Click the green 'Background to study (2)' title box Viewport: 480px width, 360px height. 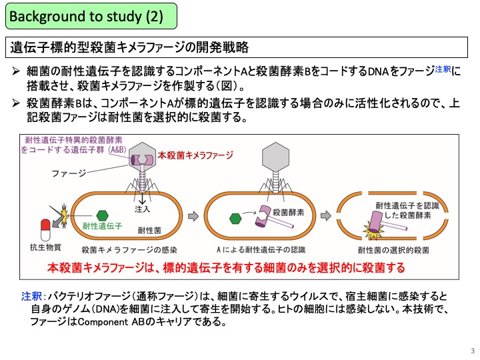(x=91, y=16)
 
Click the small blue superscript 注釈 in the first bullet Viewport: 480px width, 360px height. (x=443, y=69)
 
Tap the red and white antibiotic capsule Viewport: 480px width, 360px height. (x=45, y=229)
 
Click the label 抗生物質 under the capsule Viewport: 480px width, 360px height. (x=45, y=247)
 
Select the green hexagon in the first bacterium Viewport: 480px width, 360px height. (x=102, y=215)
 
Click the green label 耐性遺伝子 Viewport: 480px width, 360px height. (x=102, y=226)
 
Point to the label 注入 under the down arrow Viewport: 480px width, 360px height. (x=143, y=209)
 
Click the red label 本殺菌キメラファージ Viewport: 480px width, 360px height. (x=195, y=155)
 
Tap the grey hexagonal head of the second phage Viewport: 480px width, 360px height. (x=275, y=157)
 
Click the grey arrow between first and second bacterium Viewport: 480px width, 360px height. (x=193, y=216)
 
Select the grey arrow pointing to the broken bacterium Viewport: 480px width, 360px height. (x=326, y=216)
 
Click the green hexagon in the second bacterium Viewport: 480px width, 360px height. (x=235, y=219)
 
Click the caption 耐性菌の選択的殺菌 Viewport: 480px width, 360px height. (x=393, y=250)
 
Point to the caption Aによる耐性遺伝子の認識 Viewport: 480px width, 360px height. (x=261, y=250)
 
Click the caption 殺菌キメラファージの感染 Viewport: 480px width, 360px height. (x=129, y=250)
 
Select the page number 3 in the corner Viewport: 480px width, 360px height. (x=473, y=351)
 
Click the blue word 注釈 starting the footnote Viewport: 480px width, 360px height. (x=31, y=296)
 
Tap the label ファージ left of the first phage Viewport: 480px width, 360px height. (x=69, y=173)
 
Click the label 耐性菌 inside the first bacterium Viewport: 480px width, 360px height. (x=149, y=231)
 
